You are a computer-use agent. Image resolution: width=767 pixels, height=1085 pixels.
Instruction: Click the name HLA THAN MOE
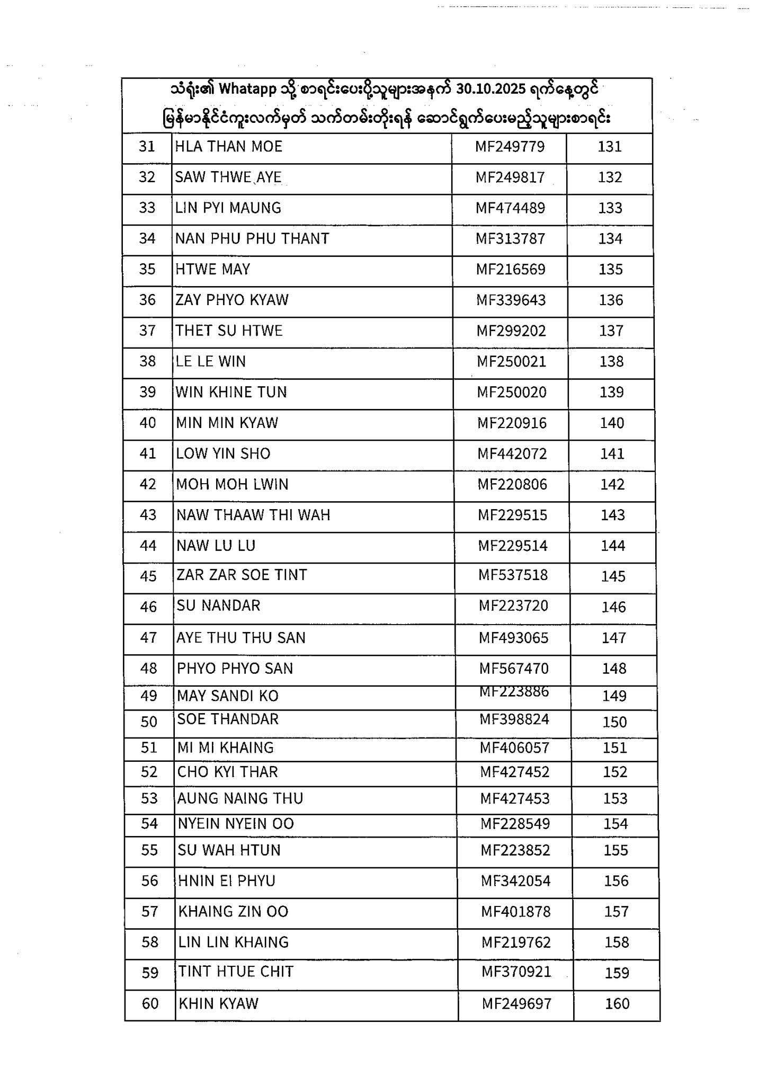(229, 147)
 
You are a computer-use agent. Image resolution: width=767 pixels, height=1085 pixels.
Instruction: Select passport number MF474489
(510, 208)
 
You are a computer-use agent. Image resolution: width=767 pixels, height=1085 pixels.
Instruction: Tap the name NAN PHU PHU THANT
(252, 239)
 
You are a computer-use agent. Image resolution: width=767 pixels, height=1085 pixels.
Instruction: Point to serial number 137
(611, 331)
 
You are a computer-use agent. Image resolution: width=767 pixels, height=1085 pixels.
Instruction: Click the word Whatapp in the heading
(248, 89)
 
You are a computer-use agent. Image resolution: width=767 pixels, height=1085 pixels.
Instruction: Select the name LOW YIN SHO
(223, 454)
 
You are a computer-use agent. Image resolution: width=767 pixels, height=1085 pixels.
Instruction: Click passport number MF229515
(513, 515)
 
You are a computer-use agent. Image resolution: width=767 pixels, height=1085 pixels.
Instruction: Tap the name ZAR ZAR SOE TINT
(242, 575)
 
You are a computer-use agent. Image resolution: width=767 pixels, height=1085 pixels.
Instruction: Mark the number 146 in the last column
(613, 607)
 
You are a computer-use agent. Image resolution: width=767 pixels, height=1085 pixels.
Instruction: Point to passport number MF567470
(514, 669)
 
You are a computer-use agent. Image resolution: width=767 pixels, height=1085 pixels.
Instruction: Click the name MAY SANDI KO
(228, 696)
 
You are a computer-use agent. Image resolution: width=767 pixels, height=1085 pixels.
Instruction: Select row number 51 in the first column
(149, 748)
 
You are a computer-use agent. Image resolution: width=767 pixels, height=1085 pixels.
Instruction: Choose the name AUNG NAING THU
(240, 799)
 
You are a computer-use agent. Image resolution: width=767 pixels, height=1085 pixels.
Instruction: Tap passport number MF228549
(515, 824)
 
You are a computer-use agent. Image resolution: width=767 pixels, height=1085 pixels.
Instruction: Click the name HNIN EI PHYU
(227, 881)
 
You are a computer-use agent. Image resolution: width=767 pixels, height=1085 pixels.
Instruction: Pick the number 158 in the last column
(617, 942)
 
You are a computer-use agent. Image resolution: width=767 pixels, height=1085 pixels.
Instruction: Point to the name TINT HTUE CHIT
(236, 972)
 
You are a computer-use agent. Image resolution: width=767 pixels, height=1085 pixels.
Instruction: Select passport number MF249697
(516, 1004)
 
